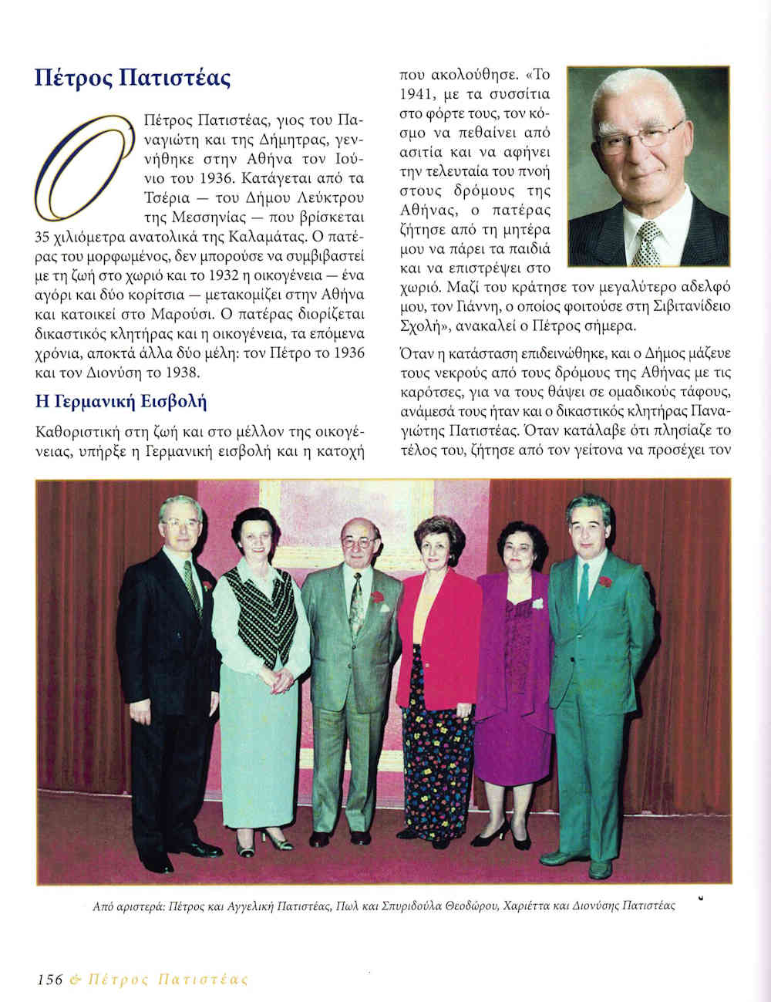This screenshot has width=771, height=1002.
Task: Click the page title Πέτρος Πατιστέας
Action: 133,79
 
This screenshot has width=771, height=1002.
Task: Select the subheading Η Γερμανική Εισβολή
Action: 121,402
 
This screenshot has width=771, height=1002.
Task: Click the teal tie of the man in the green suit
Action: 584,590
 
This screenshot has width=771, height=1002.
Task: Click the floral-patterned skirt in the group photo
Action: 438,756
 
